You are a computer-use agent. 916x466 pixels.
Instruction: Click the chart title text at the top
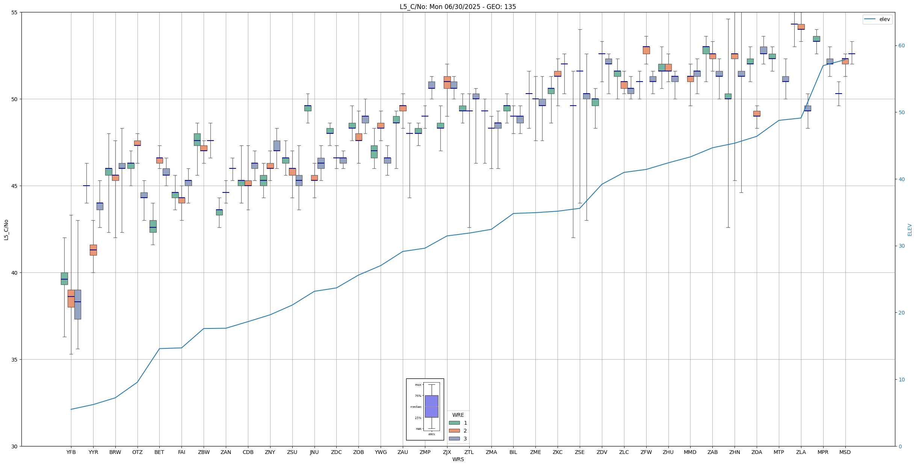click(458, 7)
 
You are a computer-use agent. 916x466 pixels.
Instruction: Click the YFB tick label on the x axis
click(71, 452)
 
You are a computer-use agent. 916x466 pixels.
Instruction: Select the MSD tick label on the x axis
click(845, 452)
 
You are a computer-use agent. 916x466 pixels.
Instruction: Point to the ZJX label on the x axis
click(447, 452)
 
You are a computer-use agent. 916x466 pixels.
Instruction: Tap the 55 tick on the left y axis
click(15, 12)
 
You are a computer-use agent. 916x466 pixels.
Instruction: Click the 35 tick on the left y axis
click(15, 360)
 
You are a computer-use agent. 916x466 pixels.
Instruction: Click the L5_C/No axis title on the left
click(6, 230)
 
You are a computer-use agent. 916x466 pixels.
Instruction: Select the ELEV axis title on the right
click(910, 230)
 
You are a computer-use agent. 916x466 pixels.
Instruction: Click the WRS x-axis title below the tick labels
click(458, 459)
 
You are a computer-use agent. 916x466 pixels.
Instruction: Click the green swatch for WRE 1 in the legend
click(454, 423)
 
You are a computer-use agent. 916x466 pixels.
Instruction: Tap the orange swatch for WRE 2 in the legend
click(454, 431)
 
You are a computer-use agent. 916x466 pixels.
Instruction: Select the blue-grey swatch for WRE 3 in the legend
click(454, 439)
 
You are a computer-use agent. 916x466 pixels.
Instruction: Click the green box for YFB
click(64, 278)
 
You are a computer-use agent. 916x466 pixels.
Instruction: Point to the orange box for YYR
click(93, 250)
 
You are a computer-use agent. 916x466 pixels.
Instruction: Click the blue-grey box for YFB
click(78, 304)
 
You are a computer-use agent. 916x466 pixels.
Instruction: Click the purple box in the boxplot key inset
click(431, 406)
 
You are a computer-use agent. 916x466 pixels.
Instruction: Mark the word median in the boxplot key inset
click(416, 407)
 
